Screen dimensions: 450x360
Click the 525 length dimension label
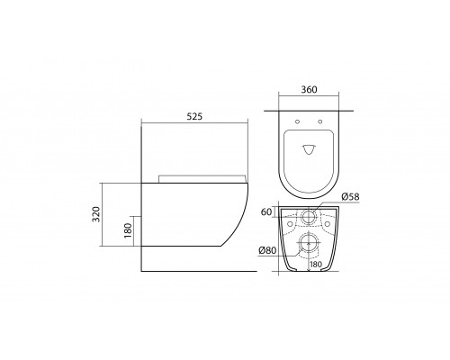click(x=194, y=116)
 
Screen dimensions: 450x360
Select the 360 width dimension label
click(x=309, y=90)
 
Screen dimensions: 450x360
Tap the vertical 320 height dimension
click(x=96, y=214)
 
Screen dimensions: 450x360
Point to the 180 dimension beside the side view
click(x=128, y=230)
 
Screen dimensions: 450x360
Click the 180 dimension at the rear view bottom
click(x=316, y=265)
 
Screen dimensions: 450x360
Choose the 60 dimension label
click(x=266, y=211)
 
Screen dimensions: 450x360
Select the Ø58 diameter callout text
click(x=350, y=197)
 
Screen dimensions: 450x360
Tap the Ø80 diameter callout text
click(x=267, y=250)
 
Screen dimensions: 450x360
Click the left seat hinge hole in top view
click(x=297, y=121)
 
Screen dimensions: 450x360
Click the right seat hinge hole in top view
click(x=319, y=121)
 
